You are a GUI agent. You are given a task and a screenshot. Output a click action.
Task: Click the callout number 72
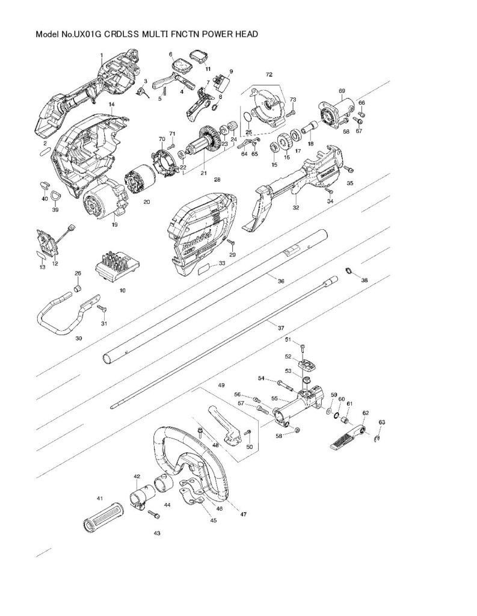coord(269,74)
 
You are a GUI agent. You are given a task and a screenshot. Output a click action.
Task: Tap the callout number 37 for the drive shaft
coord(281,328)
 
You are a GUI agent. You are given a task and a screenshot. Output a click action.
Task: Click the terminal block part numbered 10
coord(114,267)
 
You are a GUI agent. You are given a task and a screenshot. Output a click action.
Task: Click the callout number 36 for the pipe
coord(281,280)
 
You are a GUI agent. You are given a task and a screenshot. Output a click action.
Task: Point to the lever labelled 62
coord(347,438)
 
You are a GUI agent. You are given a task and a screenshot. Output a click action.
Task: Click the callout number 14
coord(111,105)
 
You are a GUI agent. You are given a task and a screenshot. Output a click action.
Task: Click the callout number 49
coord(221,385)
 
